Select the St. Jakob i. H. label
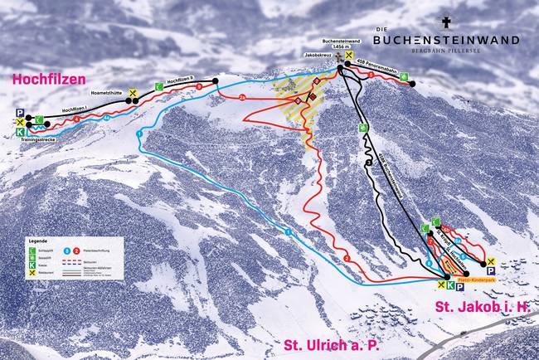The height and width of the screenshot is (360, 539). [x=482, y=308]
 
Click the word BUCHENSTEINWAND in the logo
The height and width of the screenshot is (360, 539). [x=446, y=39]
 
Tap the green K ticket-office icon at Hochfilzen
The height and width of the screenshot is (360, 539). [x=19, y=131]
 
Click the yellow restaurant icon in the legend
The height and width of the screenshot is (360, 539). [x=32, y=273]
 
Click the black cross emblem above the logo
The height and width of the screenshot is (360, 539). [x=445, y=22]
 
